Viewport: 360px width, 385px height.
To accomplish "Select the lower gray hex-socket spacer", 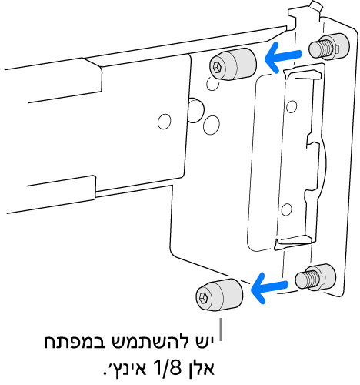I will pyautogui.click(x=218, y=296).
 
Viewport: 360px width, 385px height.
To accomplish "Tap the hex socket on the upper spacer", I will pyautogui.click(x=218, y=68).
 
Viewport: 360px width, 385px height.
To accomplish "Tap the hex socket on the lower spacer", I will pyautogui.click(x=203, y=297).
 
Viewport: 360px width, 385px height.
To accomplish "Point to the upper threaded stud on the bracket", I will pyautogui.click(x=324, y=49).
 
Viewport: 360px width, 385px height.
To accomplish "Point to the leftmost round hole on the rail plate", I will pyautogui.click(x=164, y=121).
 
